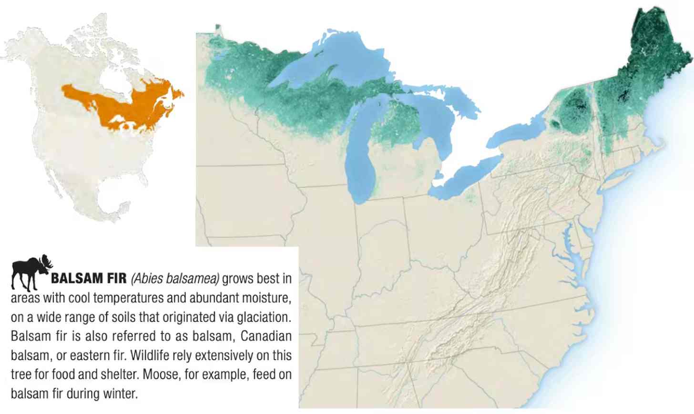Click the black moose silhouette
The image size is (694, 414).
click(29, 273)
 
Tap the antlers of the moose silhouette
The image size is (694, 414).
click(46, 263)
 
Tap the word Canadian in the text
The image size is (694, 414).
click(265, 336)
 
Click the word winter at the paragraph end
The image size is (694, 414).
click(122, 394)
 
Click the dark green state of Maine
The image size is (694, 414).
click(653, 57)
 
